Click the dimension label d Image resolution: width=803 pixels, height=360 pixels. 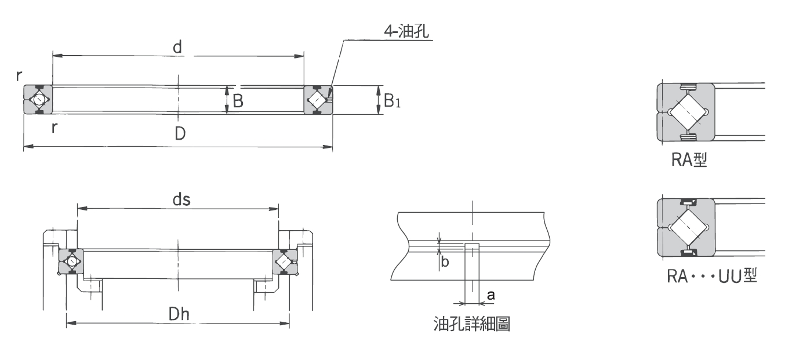click(x=178, y=48)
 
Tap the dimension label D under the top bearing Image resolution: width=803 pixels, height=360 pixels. click(x=180, y=134)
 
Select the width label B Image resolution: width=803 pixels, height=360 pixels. click(x=238, y=101)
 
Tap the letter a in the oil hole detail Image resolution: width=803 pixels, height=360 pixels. click(x=490, y=296)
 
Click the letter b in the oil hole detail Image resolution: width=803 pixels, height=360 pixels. click(x=445, y=262)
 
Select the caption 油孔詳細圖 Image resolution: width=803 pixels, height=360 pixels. click(x=471, y=323)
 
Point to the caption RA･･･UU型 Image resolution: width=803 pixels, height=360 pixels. click(x=711, y=277)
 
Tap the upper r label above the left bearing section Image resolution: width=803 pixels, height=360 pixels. click(x=19, y=75)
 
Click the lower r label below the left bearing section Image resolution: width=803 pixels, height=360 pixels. click(x=54, y=127)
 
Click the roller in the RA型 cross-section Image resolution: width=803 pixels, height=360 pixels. click(x=685, y=112)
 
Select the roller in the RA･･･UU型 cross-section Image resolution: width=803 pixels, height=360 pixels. click(x=685, y=227)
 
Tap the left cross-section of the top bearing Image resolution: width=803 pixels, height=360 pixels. click(x=38, y=100)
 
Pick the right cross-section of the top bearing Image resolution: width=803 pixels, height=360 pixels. click(x=318, y=100)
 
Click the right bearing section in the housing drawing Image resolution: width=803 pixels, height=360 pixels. click(x=284, y=262)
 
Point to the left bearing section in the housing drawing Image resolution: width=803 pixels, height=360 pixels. click(x=71, y=262)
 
